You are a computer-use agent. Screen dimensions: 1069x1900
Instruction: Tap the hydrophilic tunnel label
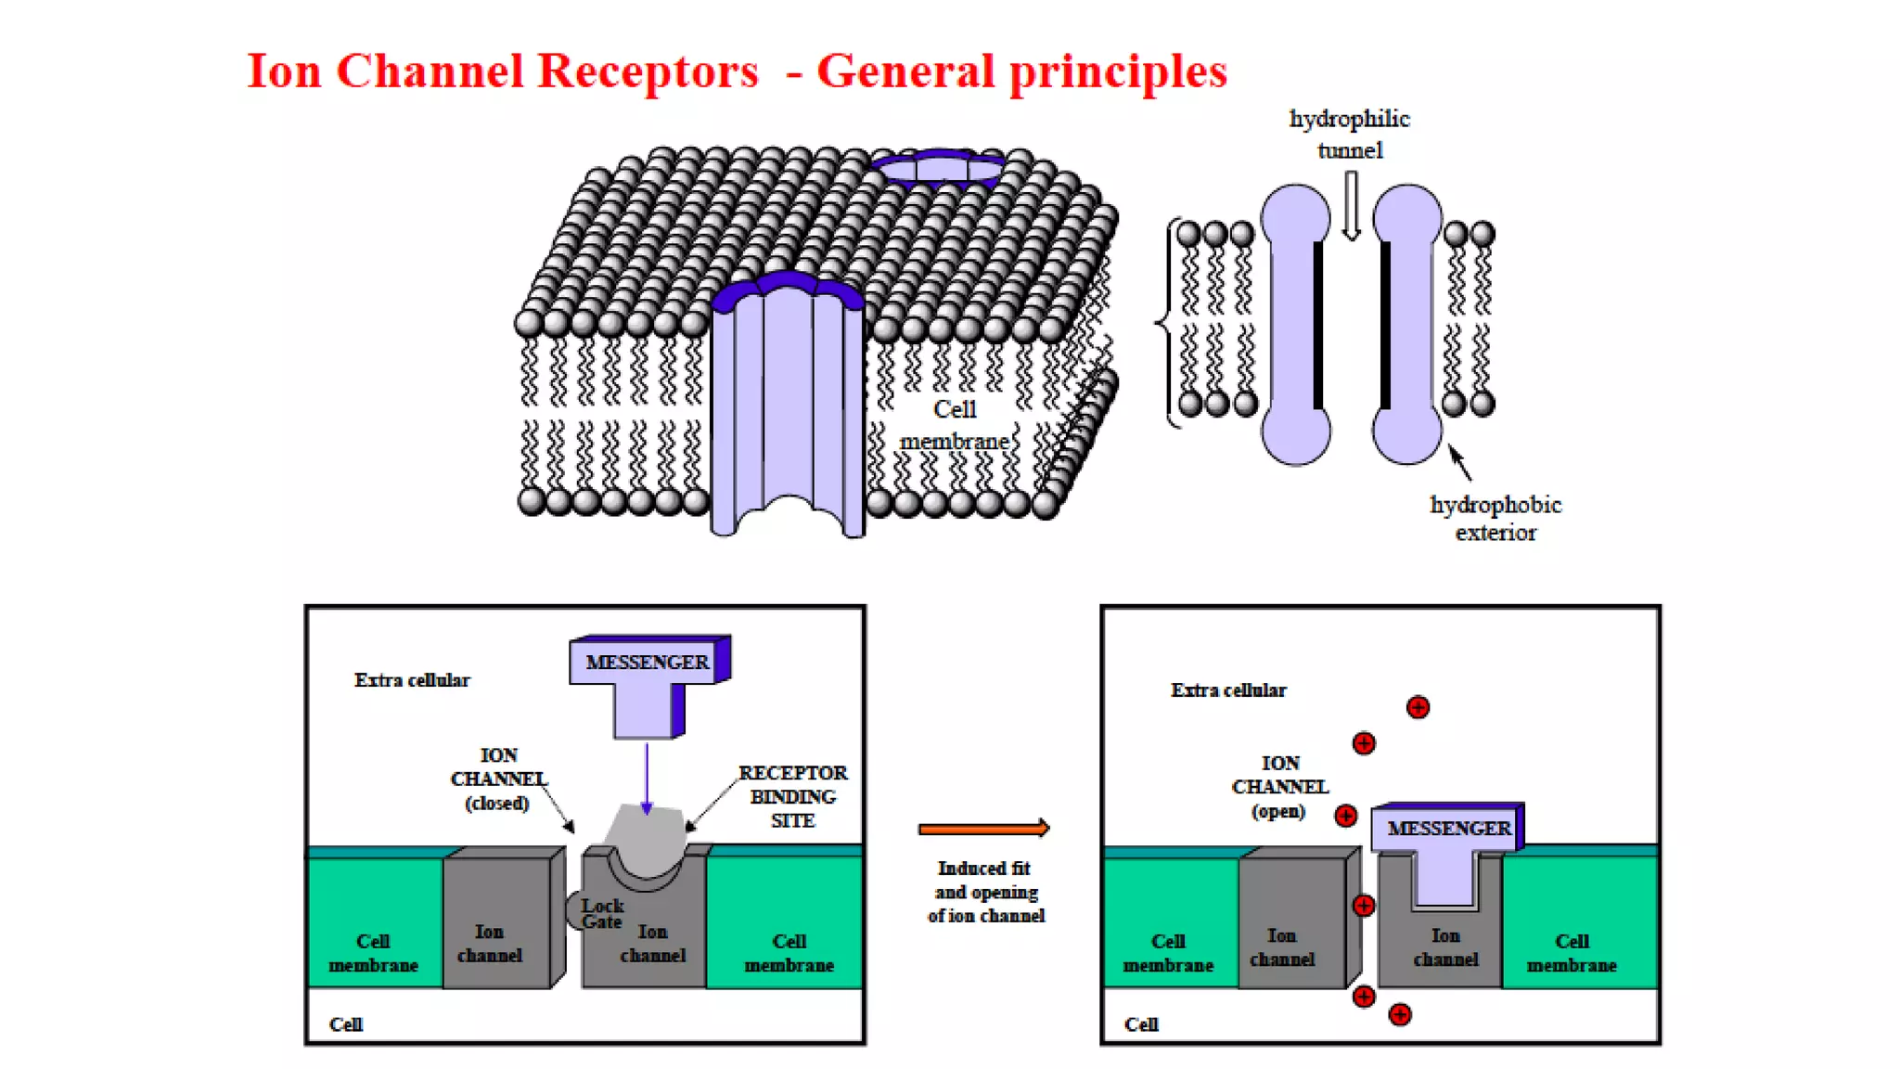[x=1349, y=135]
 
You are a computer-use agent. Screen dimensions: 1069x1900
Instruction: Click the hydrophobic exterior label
[x=1495, y=518]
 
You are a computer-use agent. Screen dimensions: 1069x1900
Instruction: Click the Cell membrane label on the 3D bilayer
[x=955, y=425]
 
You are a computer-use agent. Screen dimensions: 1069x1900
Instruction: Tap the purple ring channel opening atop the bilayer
[x=939, y=169]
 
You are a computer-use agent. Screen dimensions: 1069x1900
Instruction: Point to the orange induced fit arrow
[x=983, y=828]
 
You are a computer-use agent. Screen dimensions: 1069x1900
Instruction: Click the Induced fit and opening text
[x=985, y=892]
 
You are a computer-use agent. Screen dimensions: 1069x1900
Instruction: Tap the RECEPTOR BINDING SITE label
[x=792, y=796]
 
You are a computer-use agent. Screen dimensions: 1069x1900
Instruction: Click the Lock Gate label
[x=601, y=913]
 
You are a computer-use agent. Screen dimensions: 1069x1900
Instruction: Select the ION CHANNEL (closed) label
[x=498, y=779]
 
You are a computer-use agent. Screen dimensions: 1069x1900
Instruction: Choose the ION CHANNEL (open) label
[x=1279, y=786]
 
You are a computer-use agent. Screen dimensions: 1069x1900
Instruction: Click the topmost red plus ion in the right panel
[x=1418, y=707]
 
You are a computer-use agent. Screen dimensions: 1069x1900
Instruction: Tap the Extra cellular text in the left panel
[x=412, y=680]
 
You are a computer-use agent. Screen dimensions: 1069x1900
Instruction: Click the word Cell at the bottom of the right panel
[x=1141, y=1024]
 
